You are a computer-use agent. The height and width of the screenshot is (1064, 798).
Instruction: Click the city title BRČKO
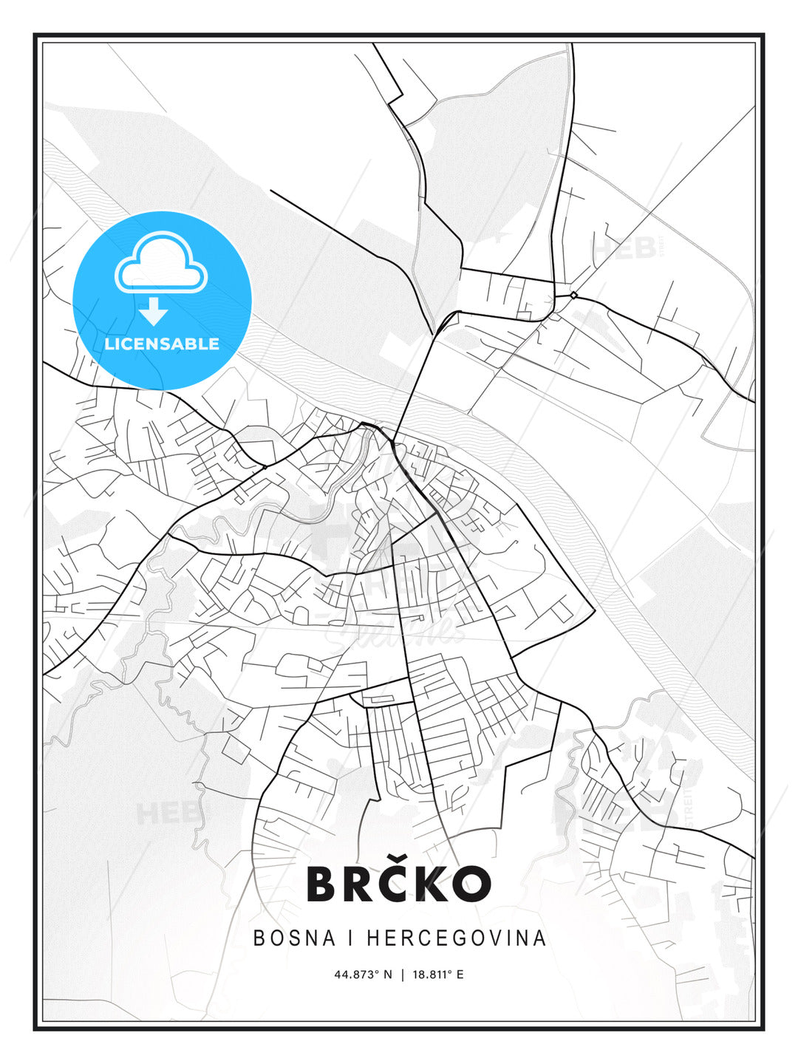(399, 883)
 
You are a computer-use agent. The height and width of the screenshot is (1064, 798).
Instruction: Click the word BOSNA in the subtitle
(290, 938)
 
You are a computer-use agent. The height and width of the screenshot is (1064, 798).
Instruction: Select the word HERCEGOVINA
(456, 938)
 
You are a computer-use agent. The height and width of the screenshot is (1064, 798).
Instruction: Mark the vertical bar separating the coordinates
(403, 975)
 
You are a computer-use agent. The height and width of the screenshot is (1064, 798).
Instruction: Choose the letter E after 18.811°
(460, 975)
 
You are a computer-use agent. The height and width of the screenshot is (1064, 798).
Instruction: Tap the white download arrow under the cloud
(154, 312)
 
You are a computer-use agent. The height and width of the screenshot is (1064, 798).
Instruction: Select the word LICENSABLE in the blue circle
(162, 344)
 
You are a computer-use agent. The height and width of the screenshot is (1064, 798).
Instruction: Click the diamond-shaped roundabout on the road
(573, 296)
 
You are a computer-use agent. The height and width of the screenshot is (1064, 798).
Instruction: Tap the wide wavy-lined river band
(562, 510)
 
